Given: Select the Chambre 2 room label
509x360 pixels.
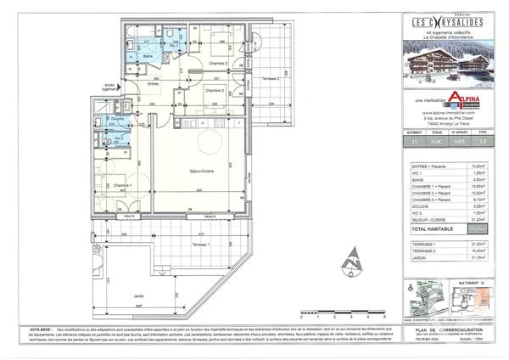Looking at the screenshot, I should tap(215, 89).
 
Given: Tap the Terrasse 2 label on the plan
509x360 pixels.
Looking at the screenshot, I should tap(270, 78).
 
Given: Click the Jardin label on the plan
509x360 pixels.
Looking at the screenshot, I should tap(138, 295).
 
